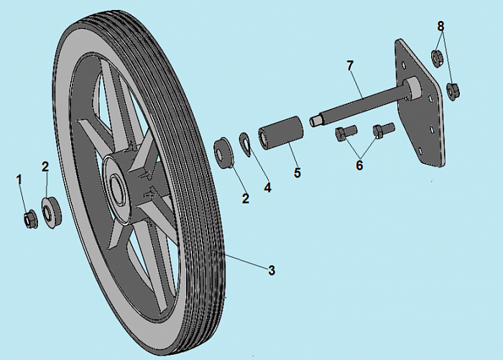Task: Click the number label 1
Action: pos(20,177)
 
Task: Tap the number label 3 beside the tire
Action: pos(272,271)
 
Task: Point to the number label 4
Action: pos(267,188)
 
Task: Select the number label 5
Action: pos(296,173)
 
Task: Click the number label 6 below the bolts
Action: pos(359,165)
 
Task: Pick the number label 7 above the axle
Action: pos(350,66)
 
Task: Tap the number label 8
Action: pos(440,27)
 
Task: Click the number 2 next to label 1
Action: pos(45,167)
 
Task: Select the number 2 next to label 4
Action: pos(245,198)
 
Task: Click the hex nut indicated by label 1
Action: pos(30,218)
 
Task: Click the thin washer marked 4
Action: pos(245,143)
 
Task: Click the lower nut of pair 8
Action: pos(453,90)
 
